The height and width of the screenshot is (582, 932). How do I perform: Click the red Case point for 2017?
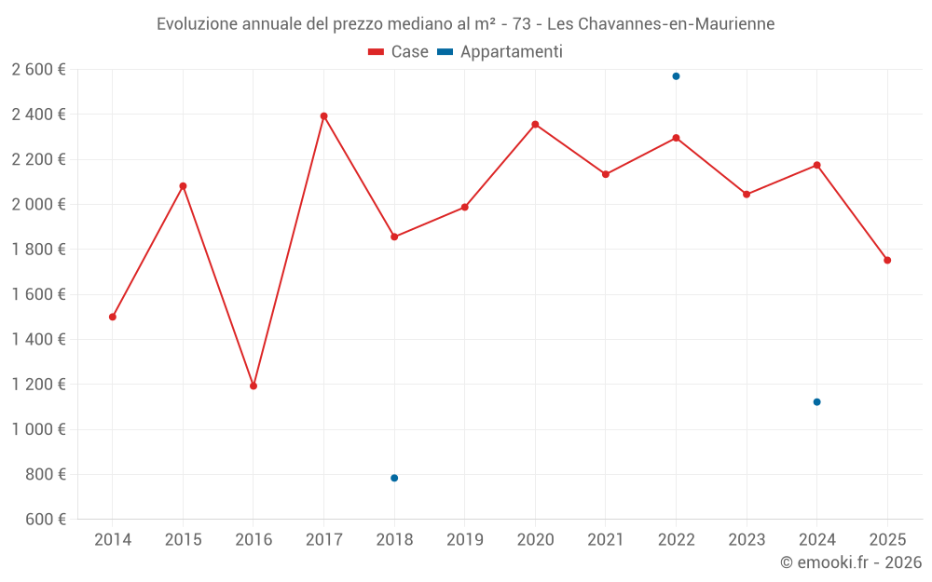[x=323, y=116]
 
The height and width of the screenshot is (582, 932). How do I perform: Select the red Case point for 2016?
[x=254, y=386]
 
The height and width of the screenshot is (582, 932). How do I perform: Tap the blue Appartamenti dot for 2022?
[x=676, y=76]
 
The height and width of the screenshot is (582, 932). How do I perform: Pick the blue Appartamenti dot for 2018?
[x=394, y=478]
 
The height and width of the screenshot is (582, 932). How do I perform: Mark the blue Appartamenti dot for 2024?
[x=816, y=402]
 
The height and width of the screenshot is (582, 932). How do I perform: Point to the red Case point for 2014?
[x=113, y=317]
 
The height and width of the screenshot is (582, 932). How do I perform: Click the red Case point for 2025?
[x=887, y=261]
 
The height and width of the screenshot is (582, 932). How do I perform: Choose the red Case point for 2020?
[x=535, y=124]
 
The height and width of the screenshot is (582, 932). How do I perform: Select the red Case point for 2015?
[x=183, y=186]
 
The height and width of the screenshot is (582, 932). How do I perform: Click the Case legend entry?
[x=399, y=52]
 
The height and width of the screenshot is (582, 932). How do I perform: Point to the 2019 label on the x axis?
[x=464, y=539]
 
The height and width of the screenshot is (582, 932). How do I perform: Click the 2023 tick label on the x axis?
[x=747, y=539]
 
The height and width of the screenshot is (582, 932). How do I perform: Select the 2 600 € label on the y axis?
[x=39, y=70]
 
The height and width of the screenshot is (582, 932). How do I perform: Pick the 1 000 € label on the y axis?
[x=39, y=429]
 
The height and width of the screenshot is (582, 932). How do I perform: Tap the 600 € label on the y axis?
[x=45, y=520]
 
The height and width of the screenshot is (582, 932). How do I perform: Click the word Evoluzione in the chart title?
[x=197, y=24]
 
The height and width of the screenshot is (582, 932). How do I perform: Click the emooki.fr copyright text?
[x=851, y=562]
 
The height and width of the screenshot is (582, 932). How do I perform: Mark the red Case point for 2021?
[x=606, y=174]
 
